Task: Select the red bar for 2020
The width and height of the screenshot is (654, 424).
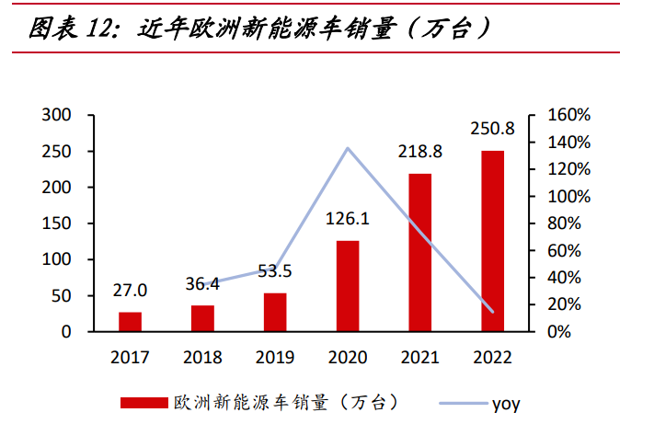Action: [x=348, y=286]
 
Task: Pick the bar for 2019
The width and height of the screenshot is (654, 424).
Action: [x=275, y=312]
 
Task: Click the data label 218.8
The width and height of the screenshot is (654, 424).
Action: [x=420, y=152]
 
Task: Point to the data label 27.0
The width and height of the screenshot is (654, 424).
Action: [x=130, y=292]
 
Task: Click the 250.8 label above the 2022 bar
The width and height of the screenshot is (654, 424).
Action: [x=494, y=129]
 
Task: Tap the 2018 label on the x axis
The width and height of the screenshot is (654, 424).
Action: [x=202, y=357]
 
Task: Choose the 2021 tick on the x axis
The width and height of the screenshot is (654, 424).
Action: [x=420, y=357]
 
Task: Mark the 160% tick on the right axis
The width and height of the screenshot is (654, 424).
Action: [x=568, y=115]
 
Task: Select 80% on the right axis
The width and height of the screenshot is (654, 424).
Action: [x=563, y=223]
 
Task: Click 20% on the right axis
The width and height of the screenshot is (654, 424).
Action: [x=563, y=304]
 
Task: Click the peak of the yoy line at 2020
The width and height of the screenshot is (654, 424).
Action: [x=348, y=147]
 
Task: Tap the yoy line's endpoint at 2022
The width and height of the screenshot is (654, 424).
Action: [x=493, y=313]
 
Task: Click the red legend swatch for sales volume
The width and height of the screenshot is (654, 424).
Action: [x=144, y=402]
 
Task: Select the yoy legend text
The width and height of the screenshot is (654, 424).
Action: [x=506, y=403]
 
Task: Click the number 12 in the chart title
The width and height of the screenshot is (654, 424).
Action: [x=102, y=29]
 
